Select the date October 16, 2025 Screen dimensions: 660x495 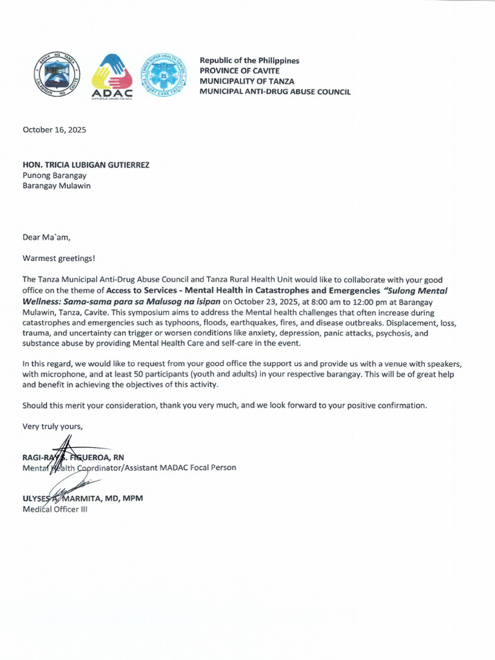pyautogui.click(x=54, y=130)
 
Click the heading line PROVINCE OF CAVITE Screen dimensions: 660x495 pyautogui.click(x=239, y=71)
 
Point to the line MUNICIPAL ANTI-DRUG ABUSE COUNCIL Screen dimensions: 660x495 pyautogui.click(x=275, y=92)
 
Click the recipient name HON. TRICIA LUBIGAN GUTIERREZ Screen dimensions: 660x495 pyautogui.click(x=86, y=165)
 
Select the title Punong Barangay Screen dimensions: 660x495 pyautogui.click(x=54, y=175)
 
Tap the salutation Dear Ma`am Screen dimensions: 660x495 pyautogui.click(x=46, y=237)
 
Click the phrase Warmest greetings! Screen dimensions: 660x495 pyautogui.click(x=59, y=258)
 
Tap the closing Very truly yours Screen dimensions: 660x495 pyautogui.click(x=53, y=426)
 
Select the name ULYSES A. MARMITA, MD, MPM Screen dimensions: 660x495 pyautogui.click(x=82, y=499)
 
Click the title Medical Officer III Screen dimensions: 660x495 pyautogui.click(x=55, y=509)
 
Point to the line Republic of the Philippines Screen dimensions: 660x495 pyautogui.click(x=249, y=61)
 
